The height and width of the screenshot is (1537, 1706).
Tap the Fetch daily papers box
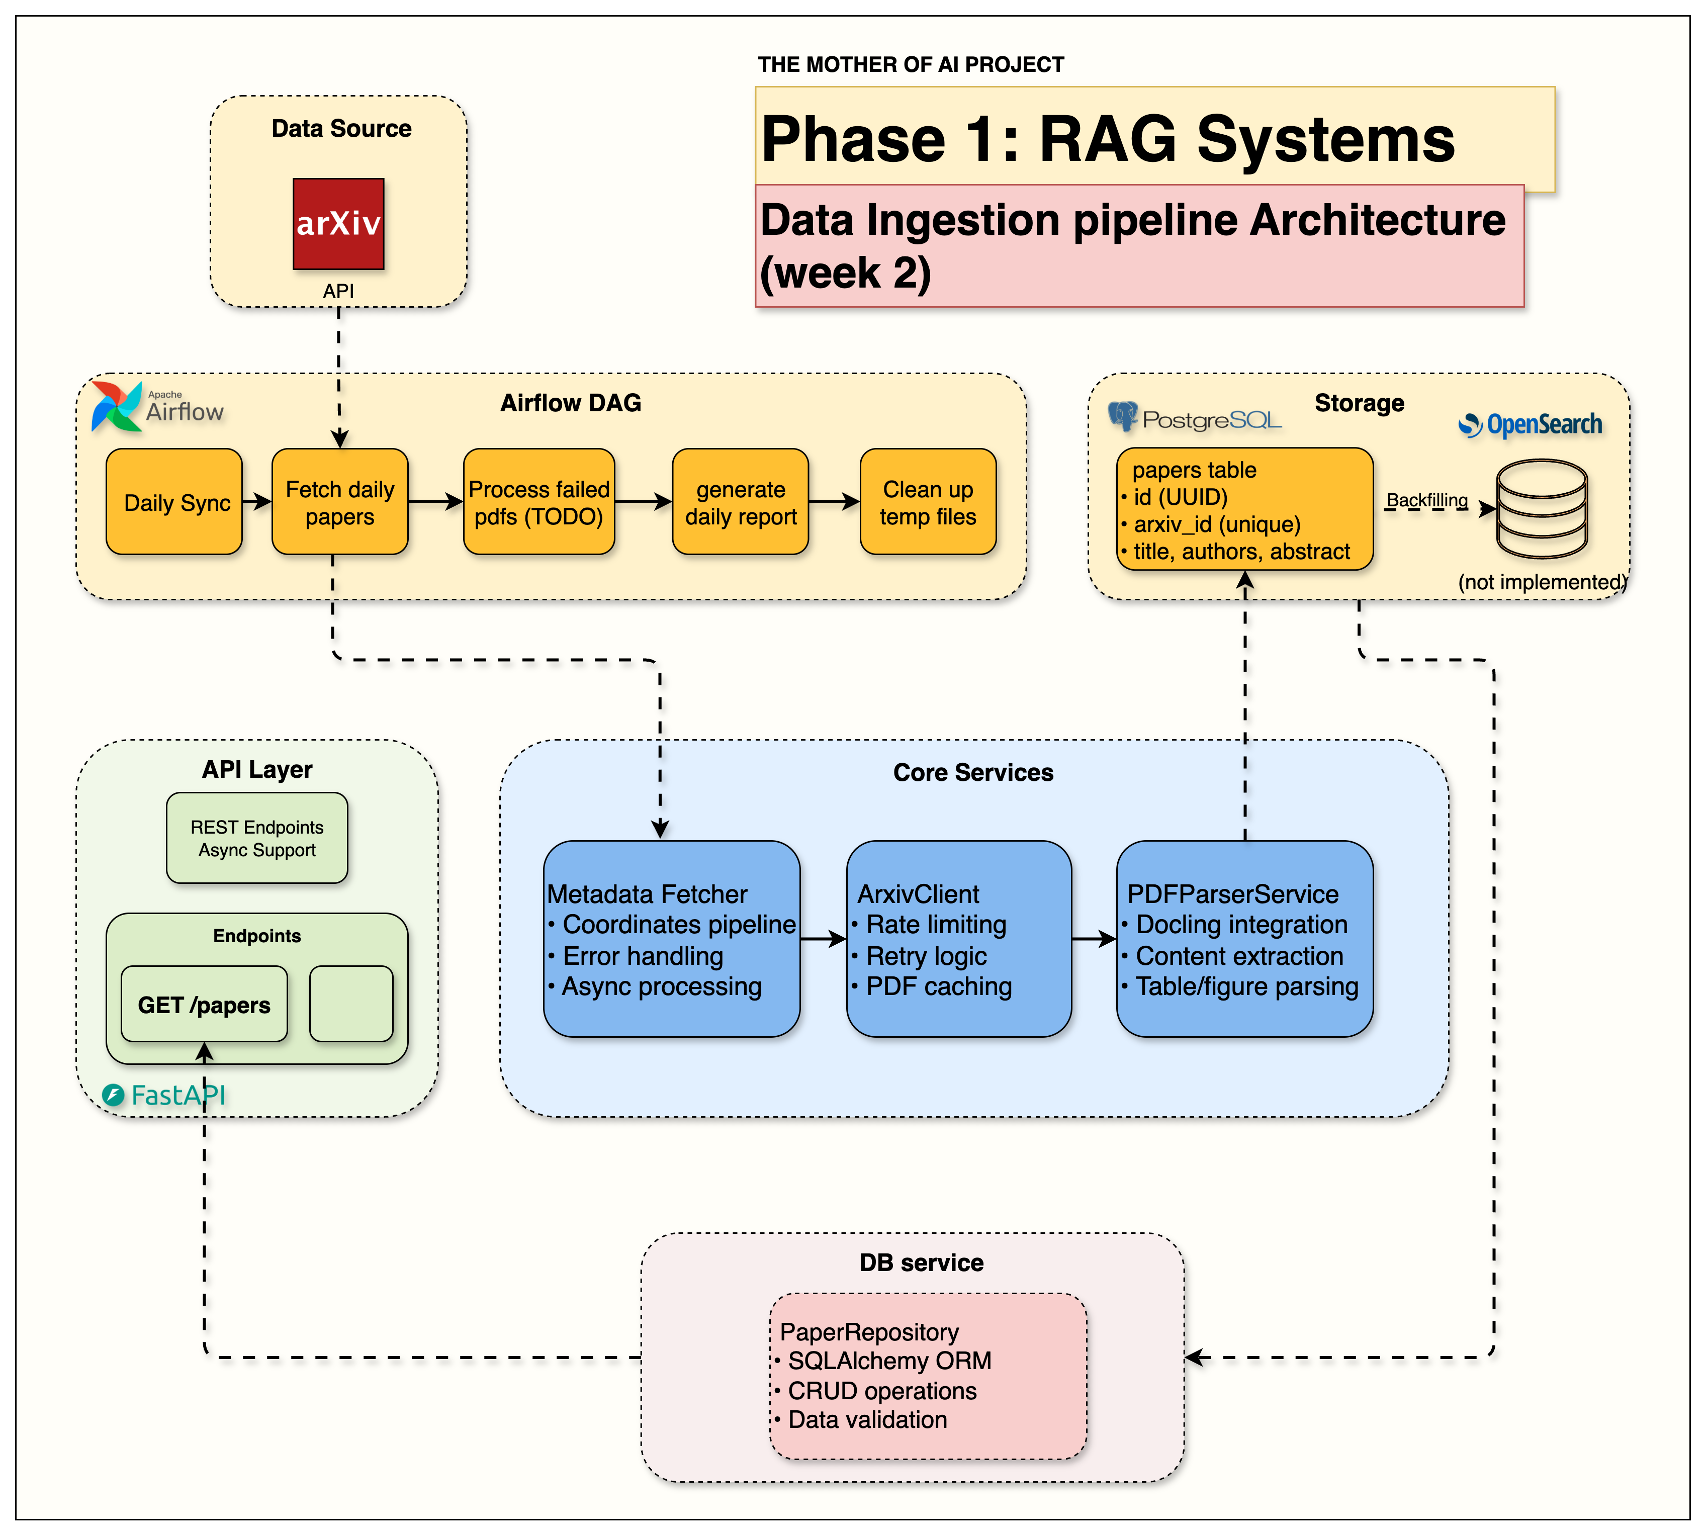[x=339, y=502]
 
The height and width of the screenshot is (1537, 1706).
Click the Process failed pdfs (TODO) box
[x=539, y=502]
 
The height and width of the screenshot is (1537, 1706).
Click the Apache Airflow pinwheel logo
[x=117, y=406]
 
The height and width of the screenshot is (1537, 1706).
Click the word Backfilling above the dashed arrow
[x=1427, y=500]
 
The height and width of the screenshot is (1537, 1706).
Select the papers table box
[x=1244, y=509]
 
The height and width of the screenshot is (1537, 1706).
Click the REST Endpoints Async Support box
[x=257, y=838]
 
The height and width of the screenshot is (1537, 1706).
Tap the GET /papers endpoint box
[x=204, y=1004]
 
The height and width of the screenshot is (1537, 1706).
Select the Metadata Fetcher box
[x=671, y=938]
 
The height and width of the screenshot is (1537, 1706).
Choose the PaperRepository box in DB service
[x=927, y=1376]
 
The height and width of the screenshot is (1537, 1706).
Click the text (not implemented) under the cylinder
[x=1541, y=582]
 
